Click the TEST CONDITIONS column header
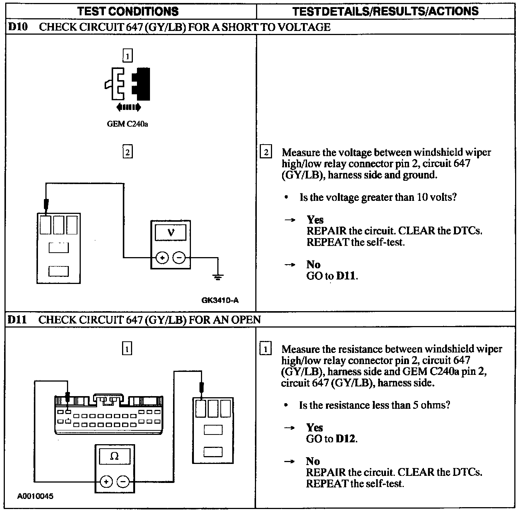point(128,11)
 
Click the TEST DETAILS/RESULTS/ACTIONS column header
point(385,11)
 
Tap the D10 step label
point(18,27)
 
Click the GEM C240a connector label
point(127,124)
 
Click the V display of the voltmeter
point(170,233)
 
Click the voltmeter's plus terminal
point(162,257)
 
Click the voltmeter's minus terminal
point(179,257)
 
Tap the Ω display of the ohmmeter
point(115,456)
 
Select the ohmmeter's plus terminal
point(106,482)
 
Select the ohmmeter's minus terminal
point(123,482)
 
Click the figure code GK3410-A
point(220,300)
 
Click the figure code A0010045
point(35,496)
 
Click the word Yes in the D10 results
point(315,219)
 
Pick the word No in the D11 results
point(313,461)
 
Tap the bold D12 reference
point(345,439)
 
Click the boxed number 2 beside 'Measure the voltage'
point(265,152)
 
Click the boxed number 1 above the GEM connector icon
point(127,56)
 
